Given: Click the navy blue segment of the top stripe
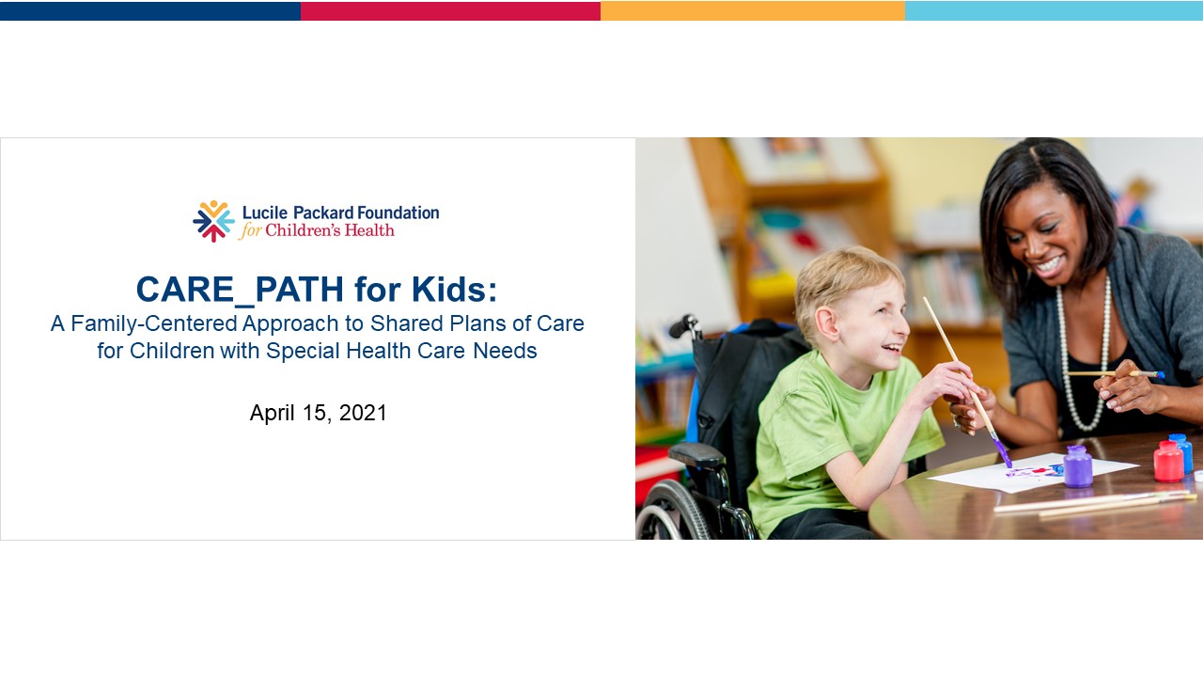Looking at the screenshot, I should (150, 10).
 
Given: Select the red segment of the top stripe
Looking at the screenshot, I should (450, 10).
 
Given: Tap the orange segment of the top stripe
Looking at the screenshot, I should (752, 10).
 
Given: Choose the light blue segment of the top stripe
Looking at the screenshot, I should (1053, 10).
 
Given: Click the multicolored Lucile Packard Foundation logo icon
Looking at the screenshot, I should (213, 221).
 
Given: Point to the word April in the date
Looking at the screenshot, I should (273, 413).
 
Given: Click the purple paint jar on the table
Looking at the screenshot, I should (1077, 467).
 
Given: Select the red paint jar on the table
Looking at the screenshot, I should (1168, 462).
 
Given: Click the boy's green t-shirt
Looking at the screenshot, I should (827, 442).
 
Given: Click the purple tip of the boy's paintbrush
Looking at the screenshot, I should (1003, 455).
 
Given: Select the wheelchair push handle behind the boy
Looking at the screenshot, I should (682, 326).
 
